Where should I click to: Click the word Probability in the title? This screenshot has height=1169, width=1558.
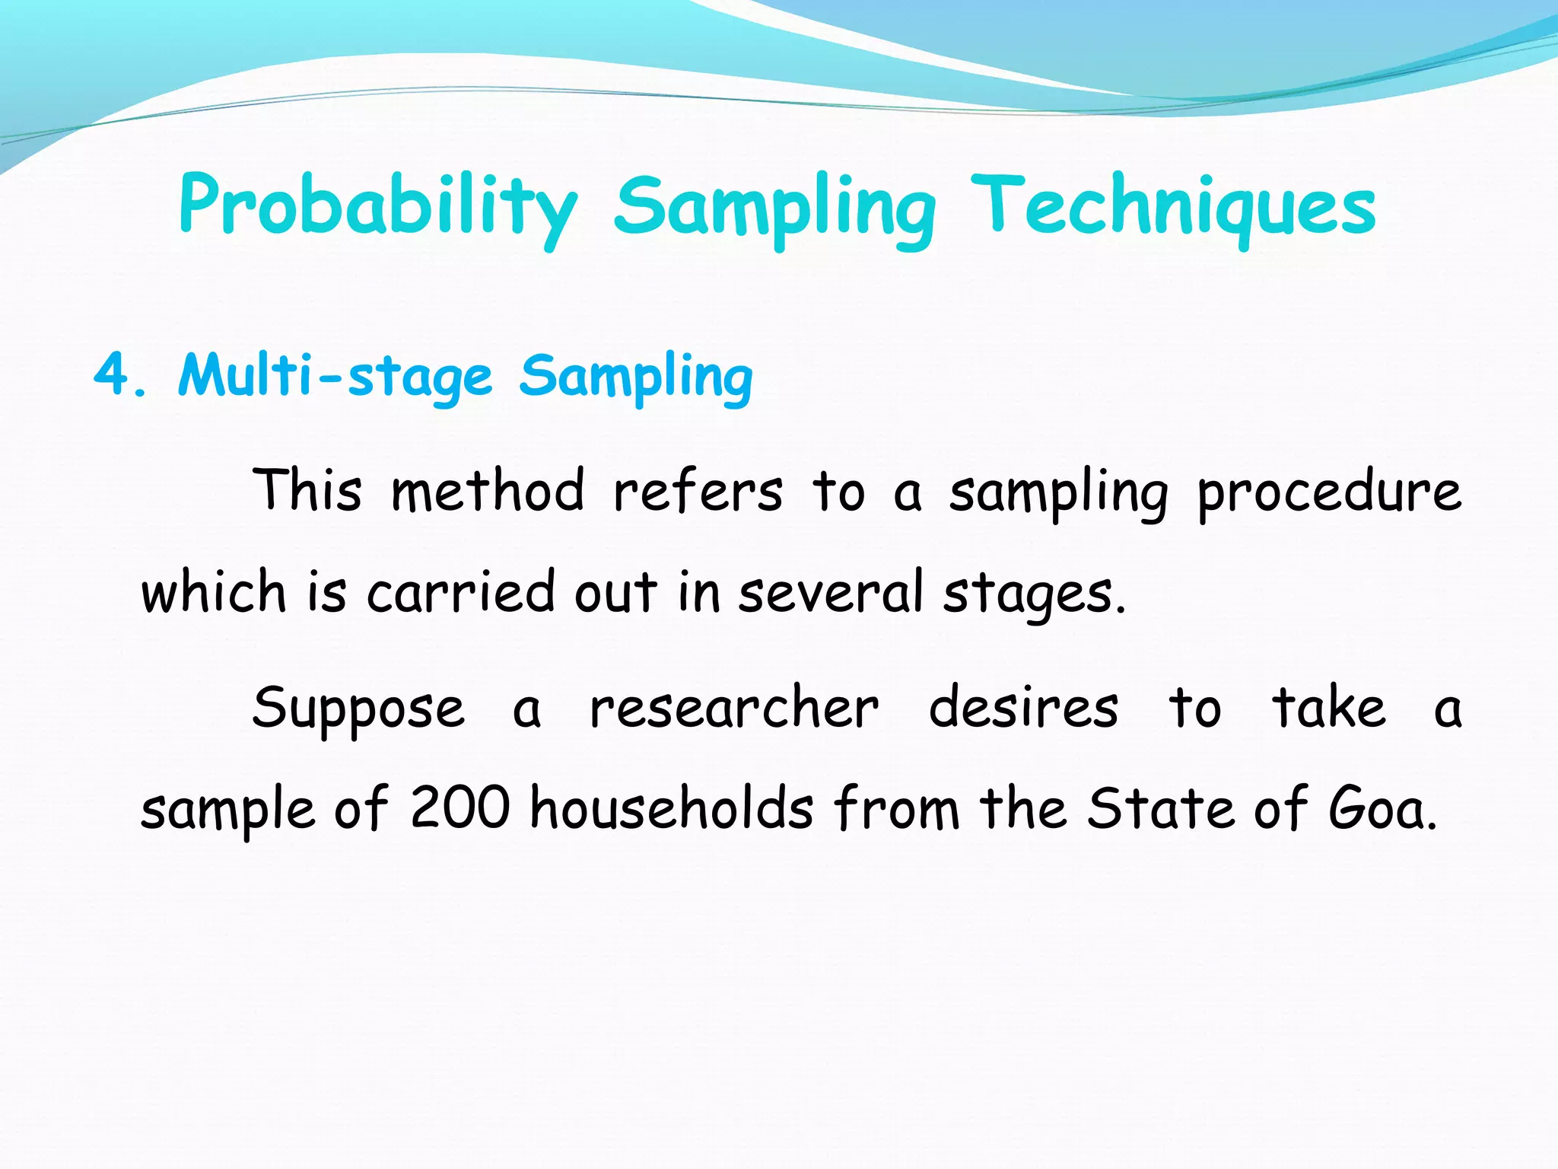point(378,205)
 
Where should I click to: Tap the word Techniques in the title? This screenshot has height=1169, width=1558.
point(1173,205)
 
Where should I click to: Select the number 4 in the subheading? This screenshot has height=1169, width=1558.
point(113,375)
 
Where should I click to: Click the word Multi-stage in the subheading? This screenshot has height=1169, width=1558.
point(335,377)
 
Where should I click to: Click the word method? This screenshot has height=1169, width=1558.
point(488,491)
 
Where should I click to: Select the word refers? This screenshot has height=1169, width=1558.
point(698,491)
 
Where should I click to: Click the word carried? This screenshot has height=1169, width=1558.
point(461,591)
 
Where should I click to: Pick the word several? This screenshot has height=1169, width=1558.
point(831,591)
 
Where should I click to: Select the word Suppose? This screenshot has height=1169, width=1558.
point(358,709)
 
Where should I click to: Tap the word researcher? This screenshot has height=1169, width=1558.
point(734,709)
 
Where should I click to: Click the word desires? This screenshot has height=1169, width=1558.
point(1023,707)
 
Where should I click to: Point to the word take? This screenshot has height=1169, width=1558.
point(1329,707)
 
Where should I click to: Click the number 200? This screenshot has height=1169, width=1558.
point(460,807)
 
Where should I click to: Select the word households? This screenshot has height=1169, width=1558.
point(672,807)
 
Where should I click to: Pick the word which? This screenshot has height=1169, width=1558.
point(214,591)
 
